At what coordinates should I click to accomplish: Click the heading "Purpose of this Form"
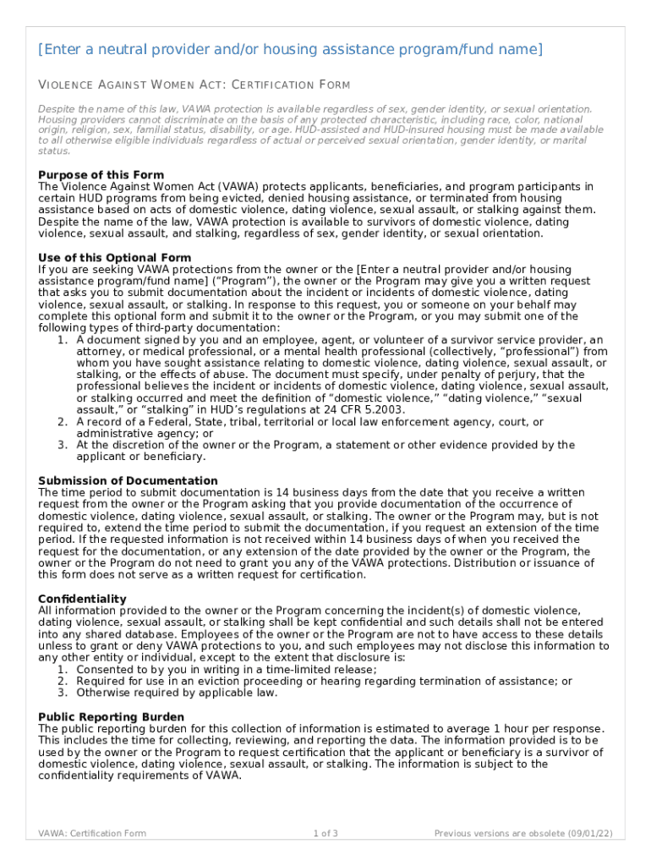[101, 175]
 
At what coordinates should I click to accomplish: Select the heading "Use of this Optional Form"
[115, 257]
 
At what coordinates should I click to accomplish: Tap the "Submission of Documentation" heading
[128, 480]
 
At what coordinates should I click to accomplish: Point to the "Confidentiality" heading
[82, 599]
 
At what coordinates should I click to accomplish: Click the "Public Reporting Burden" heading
[111, 716]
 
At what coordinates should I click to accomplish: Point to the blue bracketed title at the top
[290, 50]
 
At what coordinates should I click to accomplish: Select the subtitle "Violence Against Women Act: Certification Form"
[194, 85]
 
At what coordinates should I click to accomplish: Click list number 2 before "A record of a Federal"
[63, 421]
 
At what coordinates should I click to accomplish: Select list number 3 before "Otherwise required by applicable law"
[63, 693]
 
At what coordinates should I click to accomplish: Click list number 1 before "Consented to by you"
[63, 669]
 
